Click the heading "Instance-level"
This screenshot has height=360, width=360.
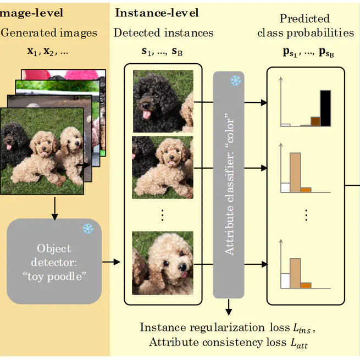pos(157,13)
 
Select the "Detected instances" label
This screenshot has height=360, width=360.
pos(163,32)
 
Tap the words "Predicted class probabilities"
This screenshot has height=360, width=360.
pos(306,26)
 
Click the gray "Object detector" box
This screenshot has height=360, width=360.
pos(54,262)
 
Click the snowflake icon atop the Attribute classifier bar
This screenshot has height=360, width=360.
pos(236,81)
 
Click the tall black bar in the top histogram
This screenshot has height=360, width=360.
pos(325,108)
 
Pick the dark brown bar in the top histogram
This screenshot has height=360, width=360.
pos(315,121)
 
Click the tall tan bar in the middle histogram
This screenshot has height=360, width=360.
pos(295,172)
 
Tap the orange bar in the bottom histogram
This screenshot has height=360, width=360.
pos(306,285)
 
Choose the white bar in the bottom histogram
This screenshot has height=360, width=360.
pos(285,280)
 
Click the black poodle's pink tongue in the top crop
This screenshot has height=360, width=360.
pos(146,114)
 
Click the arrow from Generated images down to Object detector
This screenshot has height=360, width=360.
pos(54,206)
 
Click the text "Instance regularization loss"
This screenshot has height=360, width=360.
pos(210,328)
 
